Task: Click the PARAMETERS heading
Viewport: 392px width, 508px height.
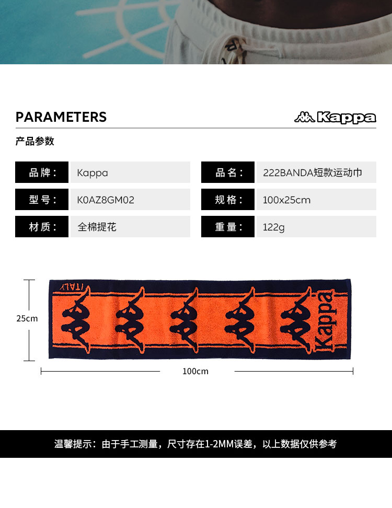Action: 61,117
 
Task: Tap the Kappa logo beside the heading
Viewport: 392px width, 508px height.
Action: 335,118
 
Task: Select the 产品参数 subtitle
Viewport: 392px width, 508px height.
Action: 35,141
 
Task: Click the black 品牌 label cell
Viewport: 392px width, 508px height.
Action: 42,172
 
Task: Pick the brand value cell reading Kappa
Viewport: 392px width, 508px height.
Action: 130,172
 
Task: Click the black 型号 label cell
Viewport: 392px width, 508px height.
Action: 42,200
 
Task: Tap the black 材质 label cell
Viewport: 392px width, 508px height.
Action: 42,227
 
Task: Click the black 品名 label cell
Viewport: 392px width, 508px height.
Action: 228,172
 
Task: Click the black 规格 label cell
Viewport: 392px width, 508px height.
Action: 228,200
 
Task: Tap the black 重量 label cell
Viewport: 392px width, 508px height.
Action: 228,227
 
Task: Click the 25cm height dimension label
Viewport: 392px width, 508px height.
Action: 27,318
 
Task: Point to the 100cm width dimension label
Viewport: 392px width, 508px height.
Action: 195,371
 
